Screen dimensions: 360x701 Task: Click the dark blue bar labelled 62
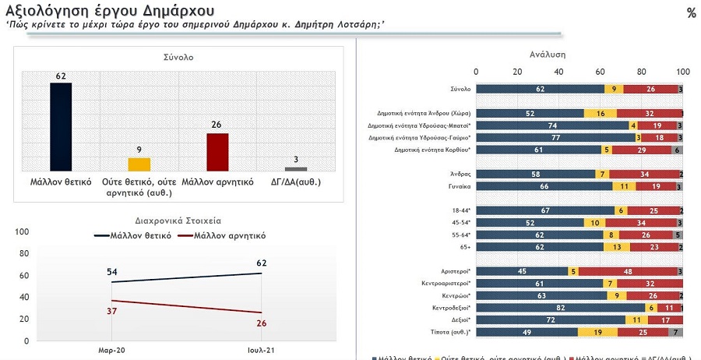(x=61, y=126)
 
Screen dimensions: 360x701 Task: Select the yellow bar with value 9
(x=139, y=164)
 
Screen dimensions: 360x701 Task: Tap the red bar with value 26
(x=217, y=151)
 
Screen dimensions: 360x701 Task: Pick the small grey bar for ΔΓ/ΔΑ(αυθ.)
(x=296, y=168)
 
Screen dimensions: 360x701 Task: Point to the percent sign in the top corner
(x=691, y=12)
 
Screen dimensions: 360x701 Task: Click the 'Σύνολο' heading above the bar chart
(x=178, y=58)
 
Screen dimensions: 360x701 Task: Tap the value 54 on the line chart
(x=111, y=270)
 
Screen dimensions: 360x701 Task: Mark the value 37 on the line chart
(x=111, y=312)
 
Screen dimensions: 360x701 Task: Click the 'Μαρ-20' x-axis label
(x=111, y=351)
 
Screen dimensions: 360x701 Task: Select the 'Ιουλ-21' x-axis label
(x=261, y=351)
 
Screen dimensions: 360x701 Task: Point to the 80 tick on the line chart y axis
(x=22, y=253)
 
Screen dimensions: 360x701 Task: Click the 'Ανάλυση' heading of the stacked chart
(x=547, y=55)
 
